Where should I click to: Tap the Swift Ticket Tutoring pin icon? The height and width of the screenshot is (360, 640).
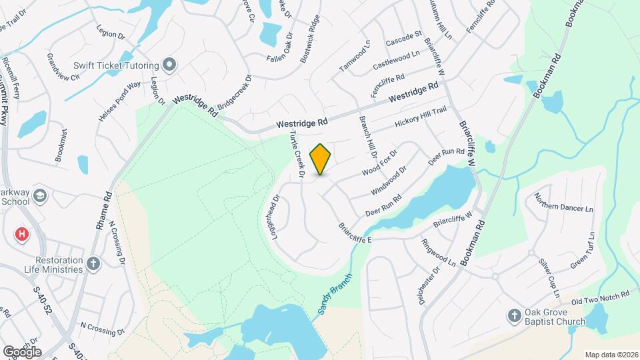(169, 65)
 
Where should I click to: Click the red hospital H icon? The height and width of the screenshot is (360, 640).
(23, 234)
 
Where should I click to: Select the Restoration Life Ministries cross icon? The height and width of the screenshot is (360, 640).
(93, 264)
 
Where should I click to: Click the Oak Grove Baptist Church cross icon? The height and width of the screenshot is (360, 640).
(514, 315)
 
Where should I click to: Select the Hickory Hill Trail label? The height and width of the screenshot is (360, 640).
(420, 118)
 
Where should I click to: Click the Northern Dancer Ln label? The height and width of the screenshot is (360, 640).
(563, 208)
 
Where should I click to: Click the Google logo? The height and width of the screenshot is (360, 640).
(22, 351)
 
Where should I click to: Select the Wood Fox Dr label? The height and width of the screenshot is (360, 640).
(379, 162)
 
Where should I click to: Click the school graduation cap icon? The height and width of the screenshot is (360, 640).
(40, 196)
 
